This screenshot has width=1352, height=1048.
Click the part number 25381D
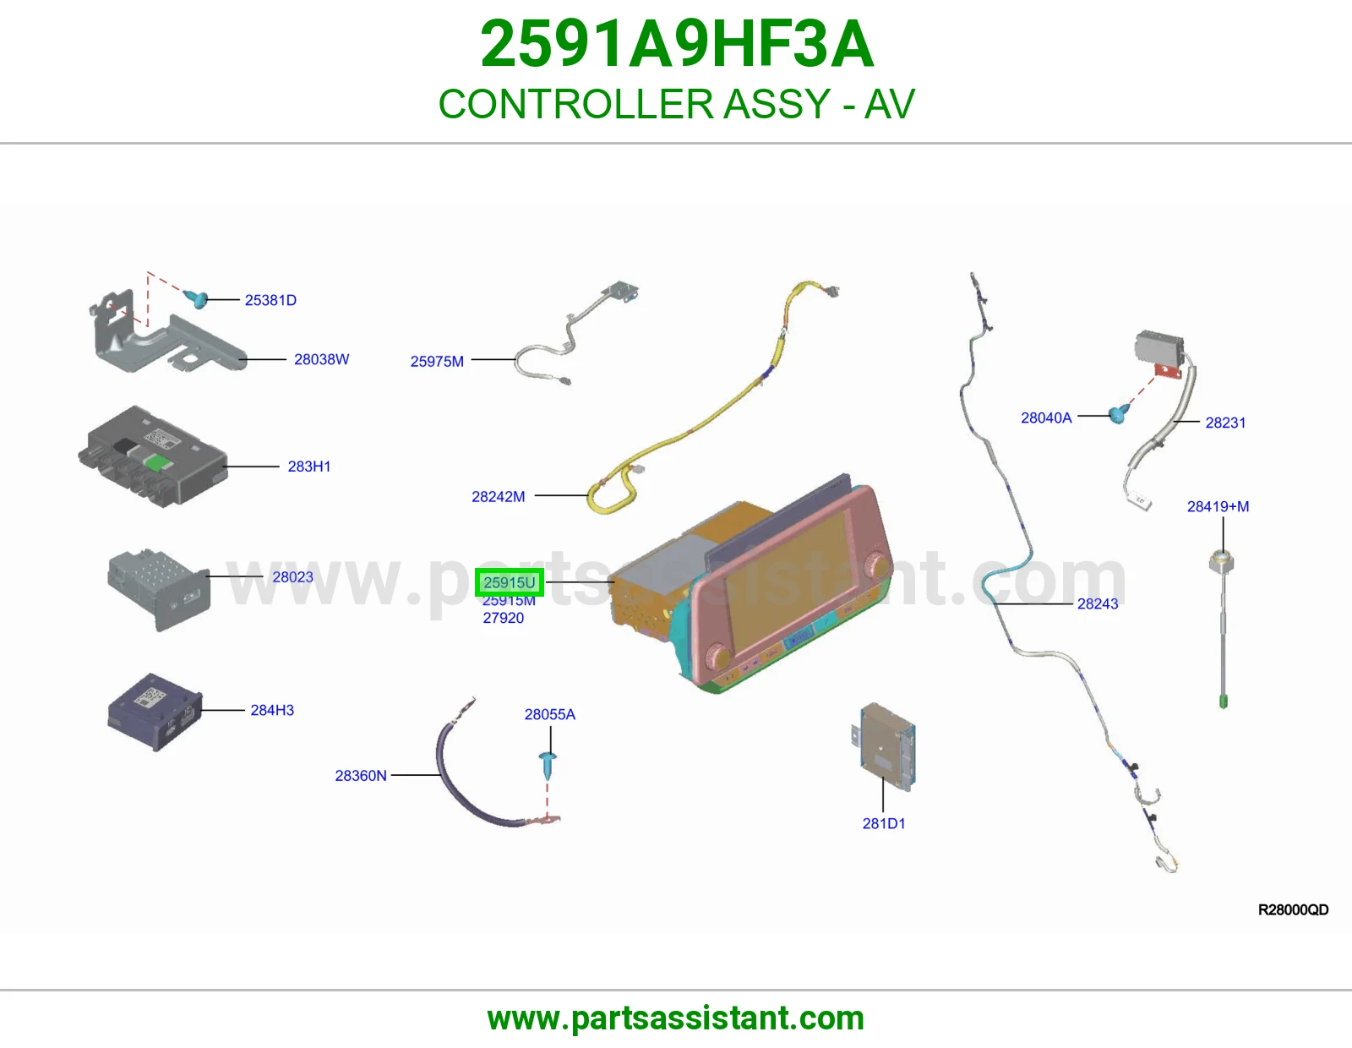coord(270,300)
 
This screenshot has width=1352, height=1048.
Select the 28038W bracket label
coord(321,359)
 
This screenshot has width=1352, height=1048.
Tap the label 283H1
coord(308,467)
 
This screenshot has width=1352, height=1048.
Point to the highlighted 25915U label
coord(509,582)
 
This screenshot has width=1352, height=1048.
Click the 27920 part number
coord(504,618)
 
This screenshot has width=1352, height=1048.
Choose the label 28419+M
coord(1218,506)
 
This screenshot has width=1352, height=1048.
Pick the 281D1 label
coord(884,823)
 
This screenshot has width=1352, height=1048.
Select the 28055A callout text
coord(549,714)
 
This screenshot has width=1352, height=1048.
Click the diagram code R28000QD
coord(1293,910)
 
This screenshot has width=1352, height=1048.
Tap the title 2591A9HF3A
coord(676,44)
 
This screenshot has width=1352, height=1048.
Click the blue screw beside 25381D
coord(196,299)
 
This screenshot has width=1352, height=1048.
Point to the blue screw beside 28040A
coord(1119,413)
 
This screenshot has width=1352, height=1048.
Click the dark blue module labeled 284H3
coord(155,712)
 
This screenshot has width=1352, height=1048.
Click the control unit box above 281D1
coord(884,747)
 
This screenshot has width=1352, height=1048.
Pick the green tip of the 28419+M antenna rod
coord(1224,701)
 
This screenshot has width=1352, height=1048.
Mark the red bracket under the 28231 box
coord(1168,372)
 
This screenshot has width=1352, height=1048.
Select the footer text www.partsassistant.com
coord(676,1018)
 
